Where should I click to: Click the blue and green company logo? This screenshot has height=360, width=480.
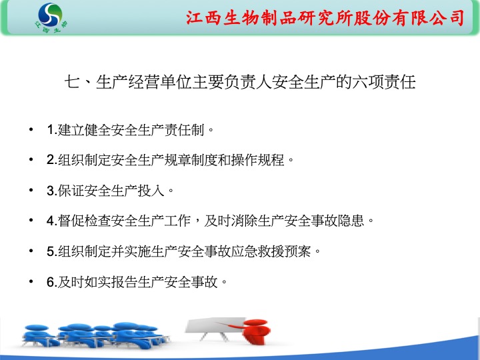tap(51, 18)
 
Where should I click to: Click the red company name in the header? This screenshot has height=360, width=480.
tap(325, 18)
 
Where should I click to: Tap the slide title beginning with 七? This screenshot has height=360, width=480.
tap(240, 82)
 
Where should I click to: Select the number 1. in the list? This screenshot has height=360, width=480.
tap(52, 129)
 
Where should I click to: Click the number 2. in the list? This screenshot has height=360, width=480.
tap(52, 159)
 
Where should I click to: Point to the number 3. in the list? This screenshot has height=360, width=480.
tap(52, 191)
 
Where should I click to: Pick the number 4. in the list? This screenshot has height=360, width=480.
tap(52, 221)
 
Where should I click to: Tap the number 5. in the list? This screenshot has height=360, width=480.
tap(52, 251)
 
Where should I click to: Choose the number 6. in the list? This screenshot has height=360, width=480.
tap(52, 281)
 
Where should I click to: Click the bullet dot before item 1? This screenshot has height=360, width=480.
tap(31, 129)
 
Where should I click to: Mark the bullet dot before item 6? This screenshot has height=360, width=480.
tap(31, 281)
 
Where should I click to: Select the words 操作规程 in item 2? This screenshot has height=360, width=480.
tap(258, 159)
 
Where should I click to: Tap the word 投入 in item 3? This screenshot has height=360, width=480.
tap(151, 191)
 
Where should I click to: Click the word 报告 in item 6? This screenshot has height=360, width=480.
tap(124, 281)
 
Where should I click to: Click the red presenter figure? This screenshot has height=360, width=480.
tap(254, 331)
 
